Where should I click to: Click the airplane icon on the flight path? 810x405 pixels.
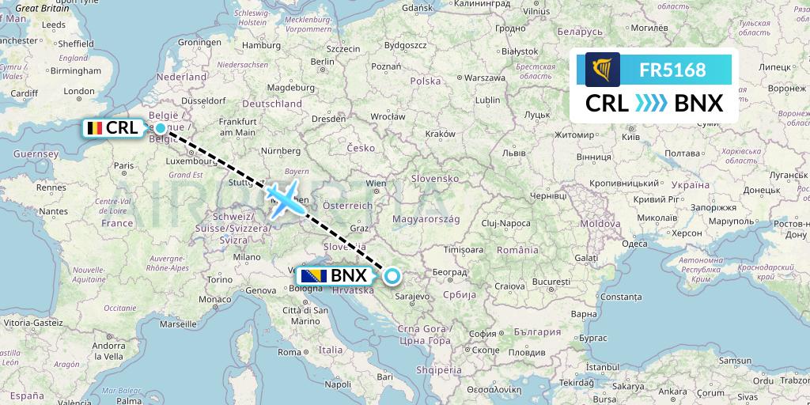[x=282, y=195]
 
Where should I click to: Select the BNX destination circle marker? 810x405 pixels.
[x=392, y=276]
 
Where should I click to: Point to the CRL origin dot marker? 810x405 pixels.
[x=161, y=128]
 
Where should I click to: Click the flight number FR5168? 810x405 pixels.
[x=672, y=70]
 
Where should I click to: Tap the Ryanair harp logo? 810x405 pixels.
[x=603, y=70]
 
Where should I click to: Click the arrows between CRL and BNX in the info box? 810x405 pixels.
[x=652, y=104]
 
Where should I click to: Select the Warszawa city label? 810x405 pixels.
[x=484, y=78]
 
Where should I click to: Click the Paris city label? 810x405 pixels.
[x=122, y=166]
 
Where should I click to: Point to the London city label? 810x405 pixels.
[x=79, y=92]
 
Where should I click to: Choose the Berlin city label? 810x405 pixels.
[x=324, y=61]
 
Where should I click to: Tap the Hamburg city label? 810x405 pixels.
[x=255, y=45]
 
